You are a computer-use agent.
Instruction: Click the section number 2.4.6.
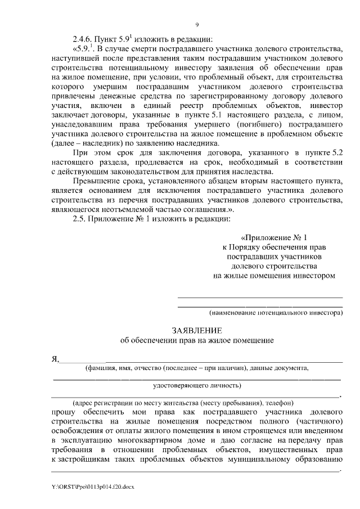[84, 39]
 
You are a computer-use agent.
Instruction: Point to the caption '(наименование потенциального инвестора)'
[276, 311]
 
